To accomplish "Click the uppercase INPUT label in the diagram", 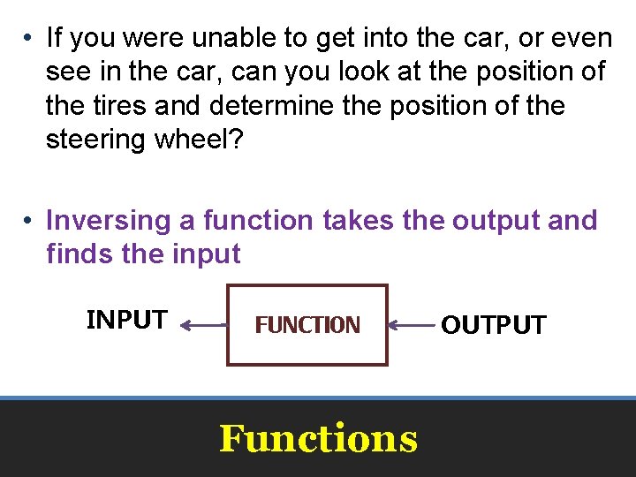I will coord(126,319).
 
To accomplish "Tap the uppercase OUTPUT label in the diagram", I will coord(493,325).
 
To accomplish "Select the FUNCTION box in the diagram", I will coord(307,324).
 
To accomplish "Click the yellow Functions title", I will coord(318,438).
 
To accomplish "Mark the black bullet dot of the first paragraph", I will coord(29,39).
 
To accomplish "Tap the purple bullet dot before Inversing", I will coord(29,221).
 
